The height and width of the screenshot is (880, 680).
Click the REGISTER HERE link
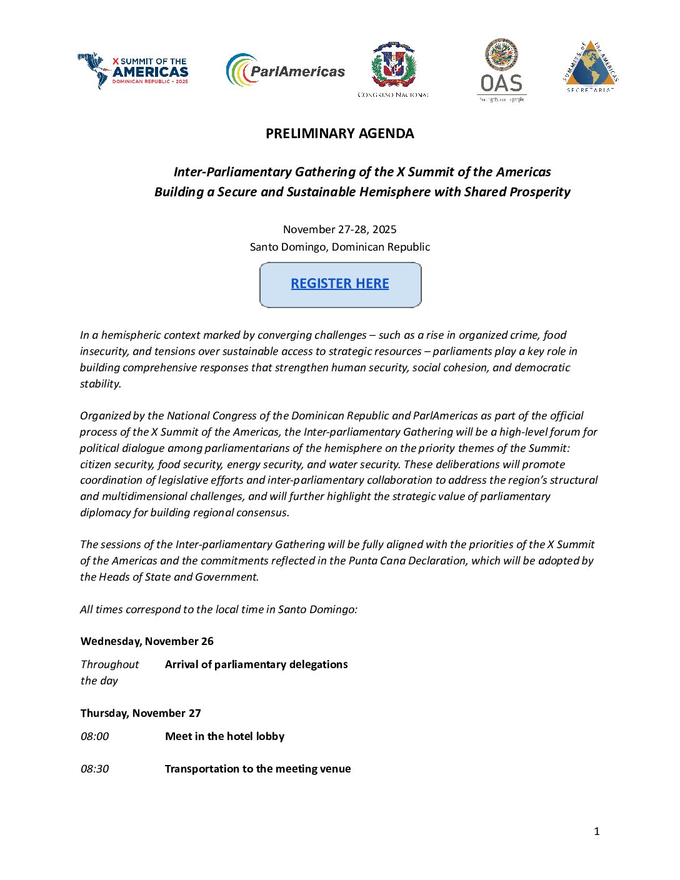click(x=340, y=284)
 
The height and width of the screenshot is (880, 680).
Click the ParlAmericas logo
click(x=286, y=71)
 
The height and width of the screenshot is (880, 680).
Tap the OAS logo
click(x=501, y=70)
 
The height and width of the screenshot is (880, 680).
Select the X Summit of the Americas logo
click(x=133, y=70)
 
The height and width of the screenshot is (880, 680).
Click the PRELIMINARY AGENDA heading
click(x=339, y=134)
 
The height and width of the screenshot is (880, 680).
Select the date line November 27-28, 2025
click(x=339, y=229)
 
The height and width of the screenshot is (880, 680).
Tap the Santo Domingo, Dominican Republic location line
click(x=339, y=247)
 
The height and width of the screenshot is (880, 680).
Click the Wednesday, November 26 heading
click(x=147, y=641)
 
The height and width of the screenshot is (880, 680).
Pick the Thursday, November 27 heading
click(x=141, y=713)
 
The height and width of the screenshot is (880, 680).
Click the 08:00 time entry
click(x=94, y=736)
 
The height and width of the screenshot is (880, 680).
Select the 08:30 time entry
click(x=94, y=769)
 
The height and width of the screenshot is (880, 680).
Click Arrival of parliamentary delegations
click(x=256, y=664)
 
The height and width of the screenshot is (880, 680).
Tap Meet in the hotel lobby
click(x=224, y=736)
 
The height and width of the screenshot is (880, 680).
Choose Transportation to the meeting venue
click(x=257, y=769)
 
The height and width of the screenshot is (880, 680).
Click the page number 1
click(x=596, y=831)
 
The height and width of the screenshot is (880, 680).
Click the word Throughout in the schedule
click(x=110, y=664)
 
